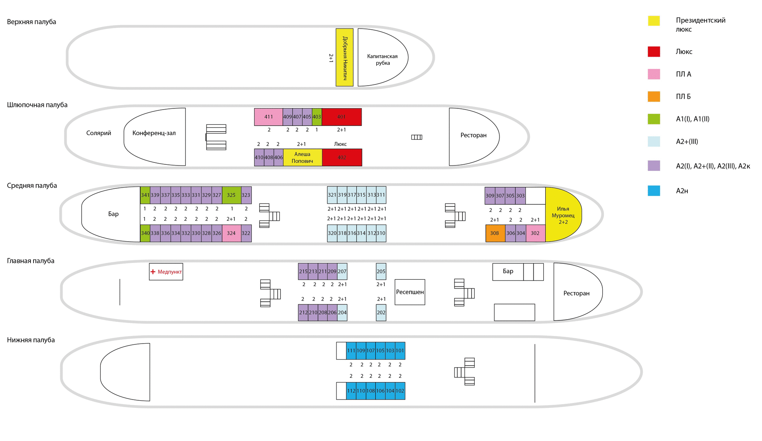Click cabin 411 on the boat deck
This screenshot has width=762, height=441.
(x=268, y=117)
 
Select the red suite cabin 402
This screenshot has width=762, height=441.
(x=342, y=158)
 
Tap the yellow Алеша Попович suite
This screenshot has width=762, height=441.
(x=303, y=158)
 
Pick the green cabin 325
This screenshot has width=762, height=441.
(x=231, y=195)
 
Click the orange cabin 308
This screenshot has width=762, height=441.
(x=495, y=233)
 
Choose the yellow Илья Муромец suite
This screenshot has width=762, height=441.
(x=563, y=215)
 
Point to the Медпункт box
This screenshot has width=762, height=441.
(x=166, y=272)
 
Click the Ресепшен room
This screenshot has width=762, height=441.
(x=410, y=292)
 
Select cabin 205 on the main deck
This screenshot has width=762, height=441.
(x=381, y=272)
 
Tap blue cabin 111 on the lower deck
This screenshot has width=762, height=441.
(x=351, y=351)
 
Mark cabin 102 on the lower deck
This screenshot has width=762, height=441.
(x=400, y=391)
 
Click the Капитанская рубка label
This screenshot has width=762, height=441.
(x=383, y=60)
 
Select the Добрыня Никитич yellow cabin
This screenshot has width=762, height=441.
(x=344, y=57)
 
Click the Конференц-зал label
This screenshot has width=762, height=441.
(x=154, y=133)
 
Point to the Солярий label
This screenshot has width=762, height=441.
(x=99, y=133)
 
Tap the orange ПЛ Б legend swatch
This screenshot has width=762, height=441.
(x=654, y=97)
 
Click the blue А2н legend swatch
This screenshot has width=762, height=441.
(x=654, y=191)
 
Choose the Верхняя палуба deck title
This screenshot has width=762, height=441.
(x=32, y=22)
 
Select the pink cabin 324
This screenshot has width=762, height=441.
(x=231, y=233)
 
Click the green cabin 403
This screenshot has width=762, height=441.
(x=317, y=117)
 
